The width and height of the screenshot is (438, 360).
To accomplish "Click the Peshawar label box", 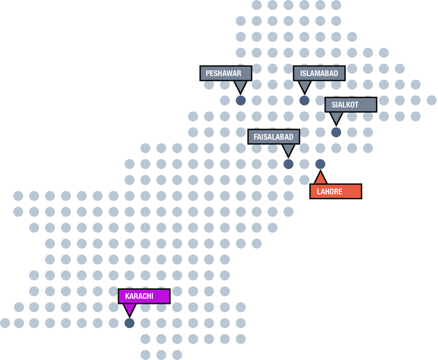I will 226,74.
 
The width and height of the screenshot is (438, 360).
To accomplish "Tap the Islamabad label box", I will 319,74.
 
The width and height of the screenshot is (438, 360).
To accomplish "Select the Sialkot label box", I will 351,105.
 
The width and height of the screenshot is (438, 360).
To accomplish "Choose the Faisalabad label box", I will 274,137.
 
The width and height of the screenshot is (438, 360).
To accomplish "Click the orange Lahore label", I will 336,192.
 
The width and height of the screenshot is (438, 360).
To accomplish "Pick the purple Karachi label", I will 144,296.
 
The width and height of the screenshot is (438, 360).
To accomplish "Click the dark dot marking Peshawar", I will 241,101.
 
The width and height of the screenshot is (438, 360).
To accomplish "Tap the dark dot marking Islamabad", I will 304,101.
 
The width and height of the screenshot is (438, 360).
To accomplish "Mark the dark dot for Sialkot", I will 336,132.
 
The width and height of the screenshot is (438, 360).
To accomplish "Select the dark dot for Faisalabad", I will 288,164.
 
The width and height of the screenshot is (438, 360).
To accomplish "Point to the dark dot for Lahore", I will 320,164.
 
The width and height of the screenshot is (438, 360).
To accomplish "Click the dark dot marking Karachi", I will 129,323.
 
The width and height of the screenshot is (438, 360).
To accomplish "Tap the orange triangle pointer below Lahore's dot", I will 320,178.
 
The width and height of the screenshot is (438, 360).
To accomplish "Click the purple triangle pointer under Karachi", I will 129,310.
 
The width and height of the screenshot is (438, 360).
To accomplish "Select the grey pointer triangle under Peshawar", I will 241,86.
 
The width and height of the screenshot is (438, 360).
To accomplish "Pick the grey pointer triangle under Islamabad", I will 304,86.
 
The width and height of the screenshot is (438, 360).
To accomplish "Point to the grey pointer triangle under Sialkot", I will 336,117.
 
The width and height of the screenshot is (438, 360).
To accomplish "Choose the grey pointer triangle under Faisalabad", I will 288,149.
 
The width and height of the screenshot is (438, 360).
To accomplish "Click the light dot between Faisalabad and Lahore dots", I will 304,164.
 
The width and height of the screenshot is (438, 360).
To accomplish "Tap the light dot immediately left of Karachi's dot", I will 113,323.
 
